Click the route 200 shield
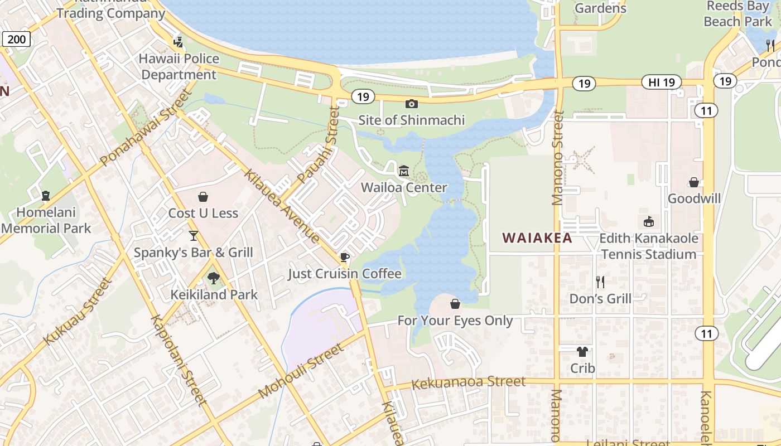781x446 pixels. (x=16, y=38)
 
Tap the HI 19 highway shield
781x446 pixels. (x=662, y=83)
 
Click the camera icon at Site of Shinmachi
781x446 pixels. (x=412, y=104)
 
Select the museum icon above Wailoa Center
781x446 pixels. (x=404, y=170)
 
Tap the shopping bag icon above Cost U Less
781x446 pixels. (x=203, y=197)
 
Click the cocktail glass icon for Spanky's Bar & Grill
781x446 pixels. (x=194, y=236)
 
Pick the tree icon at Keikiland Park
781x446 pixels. (x=213, y=278)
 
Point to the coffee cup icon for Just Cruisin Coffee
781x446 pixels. (x=344, y=257)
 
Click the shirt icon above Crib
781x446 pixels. (x=582, y=352)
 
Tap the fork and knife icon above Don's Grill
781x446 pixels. (x=600, y=282)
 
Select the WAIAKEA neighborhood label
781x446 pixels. (x=537, y=238)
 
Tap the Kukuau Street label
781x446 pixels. (x=78, y=311)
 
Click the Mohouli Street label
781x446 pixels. (x=301, y=371)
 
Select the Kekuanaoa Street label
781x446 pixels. (x=468, y=382)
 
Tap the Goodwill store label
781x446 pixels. (x=694, y=198)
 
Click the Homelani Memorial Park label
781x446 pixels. (x=46, y=220)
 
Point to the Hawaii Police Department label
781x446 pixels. (x=179, y=66)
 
